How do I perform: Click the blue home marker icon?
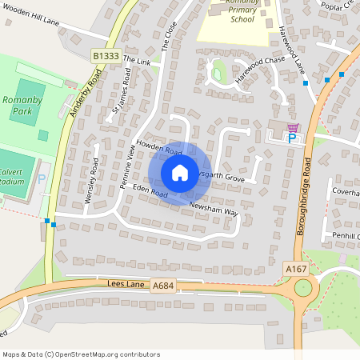pos(180,173)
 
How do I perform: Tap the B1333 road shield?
pos(106,56)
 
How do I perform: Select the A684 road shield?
pos(163,286)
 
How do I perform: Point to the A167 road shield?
pos(298,270)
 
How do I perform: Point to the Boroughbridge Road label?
pos(307,194)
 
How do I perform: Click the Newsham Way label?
pos(214,210)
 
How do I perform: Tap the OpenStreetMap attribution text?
pos(81,354)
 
